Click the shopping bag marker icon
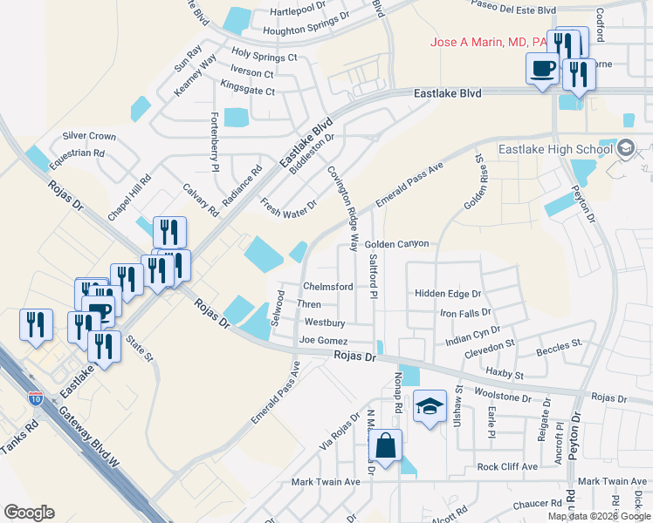click(385, 446)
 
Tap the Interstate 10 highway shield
click(35, 398)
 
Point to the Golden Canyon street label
click(397, 244)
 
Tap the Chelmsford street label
click(327, 287)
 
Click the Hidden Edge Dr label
click(448, 295)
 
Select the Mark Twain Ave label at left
click(326, 481)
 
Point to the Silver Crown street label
click(89, 137)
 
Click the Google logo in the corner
click(29, 512)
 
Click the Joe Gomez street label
click(323, 340)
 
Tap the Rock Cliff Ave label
click(507, 466)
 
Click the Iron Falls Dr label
click(465, 312)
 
